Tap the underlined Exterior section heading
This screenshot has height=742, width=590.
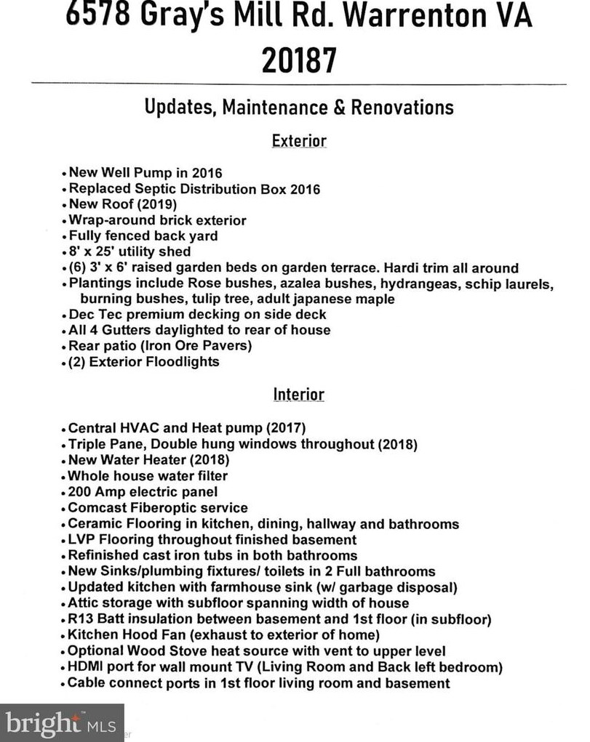point(298,140)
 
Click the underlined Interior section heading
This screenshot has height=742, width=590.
point(298,394)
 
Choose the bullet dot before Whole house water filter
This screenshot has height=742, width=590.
point(63,477)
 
